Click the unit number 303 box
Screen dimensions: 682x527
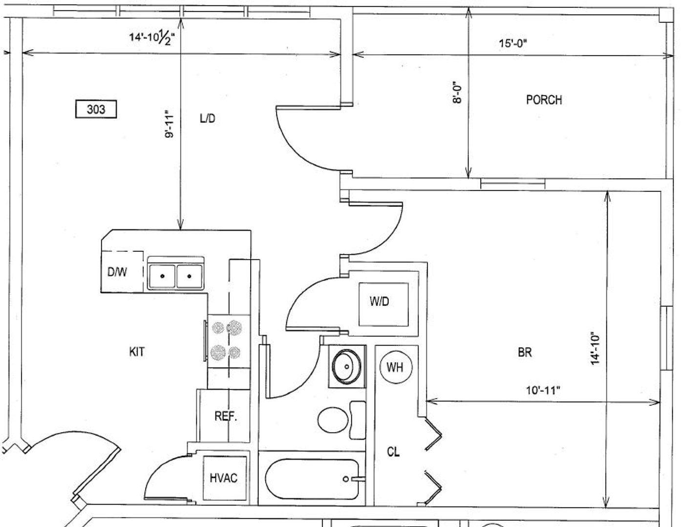point(96,109)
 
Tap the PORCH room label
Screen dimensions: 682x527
point(544,100)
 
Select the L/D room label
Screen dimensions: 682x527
point(208,119)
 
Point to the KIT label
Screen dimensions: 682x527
point(137,352)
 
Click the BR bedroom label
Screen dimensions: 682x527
point(525,352)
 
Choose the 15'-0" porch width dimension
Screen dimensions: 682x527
point(513,43)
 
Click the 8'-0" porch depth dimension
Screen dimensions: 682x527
point(457,93)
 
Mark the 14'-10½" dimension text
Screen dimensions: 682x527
point(152,38)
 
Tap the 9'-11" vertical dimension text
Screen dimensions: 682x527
point(169,124)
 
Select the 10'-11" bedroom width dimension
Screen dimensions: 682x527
point(543,391)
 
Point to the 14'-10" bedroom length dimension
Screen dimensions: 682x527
point(595,348)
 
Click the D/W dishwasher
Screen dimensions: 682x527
point(122,272)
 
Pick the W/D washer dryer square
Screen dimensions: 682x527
point(384,304)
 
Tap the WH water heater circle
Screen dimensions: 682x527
point(396,367)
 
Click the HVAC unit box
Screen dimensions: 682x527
point(224,478)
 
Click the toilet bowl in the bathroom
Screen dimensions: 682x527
point(333,420)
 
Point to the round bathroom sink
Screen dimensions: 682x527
point(347,366)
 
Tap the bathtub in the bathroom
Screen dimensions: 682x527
point(312,479)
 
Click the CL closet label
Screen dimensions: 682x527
point(393,452)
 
